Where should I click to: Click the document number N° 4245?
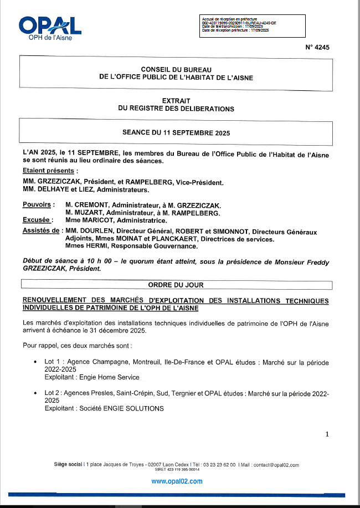pos(317,48)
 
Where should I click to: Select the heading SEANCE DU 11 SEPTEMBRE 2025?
pos(176,133)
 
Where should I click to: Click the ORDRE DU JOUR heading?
pos(176,285)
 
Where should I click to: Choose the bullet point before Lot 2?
pos(36,393)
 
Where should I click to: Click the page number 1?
pos(327,434)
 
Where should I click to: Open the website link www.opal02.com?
pos(177,481)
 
